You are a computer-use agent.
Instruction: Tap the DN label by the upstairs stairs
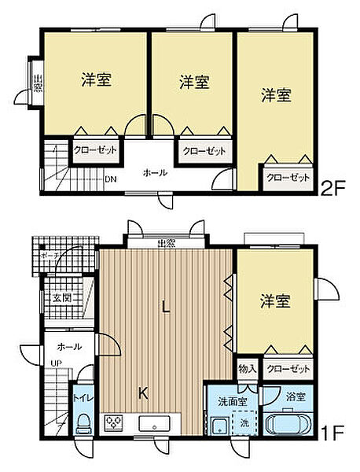point(112,179)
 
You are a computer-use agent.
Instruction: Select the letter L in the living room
point(166,309)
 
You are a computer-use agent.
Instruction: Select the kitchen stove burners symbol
point(114,423)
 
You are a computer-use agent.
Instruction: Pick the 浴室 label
point(295,398)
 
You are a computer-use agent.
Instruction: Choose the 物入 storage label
point(247,368)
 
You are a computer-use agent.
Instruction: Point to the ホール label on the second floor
point(154,172)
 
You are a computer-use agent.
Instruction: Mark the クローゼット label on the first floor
point(288,368)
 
